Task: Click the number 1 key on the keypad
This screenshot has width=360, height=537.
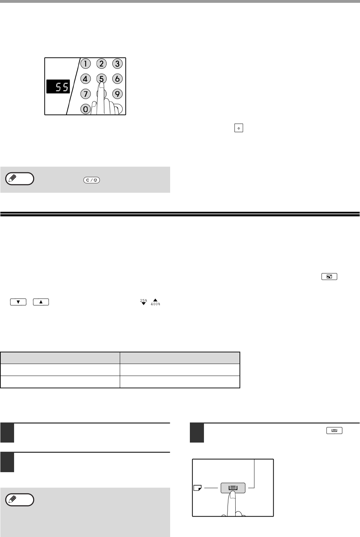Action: coord(85,64)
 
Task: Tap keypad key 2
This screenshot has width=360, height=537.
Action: coord(101,64)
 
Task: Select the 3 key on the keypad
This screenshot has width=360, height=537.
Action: coord(117,64)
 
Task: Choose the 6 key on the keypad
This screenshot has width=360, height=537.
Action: coord(117,79)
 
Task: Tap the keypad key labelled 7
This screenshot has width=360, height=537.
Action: coord(85,94)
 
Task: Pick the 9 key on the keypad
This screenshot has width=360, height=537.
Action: coord(117,94)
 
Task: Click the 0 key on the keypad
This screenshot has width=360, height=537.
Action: coord(85,109)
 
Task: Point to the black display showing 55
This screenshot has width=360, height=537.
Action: coord(58,86)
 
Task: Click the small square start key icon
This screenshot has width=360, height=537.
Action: coord(238,128)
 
